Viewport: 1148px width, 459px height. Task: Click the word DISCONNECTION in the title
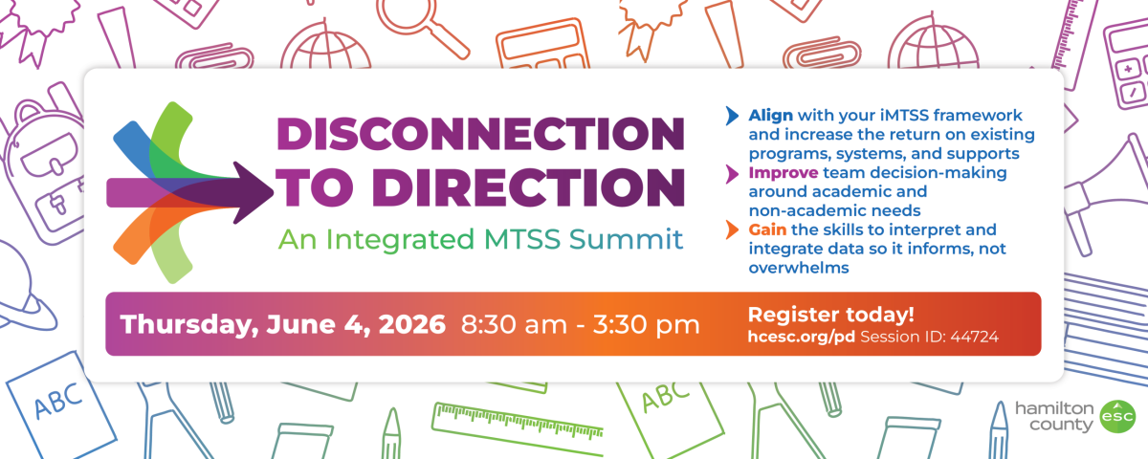click(x=480, y=133)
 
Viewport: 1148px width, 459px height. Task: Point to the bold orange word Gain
click(x=767, y=230)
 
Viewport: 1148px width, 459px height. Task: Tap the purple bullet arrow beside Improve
click(x=733, y=173)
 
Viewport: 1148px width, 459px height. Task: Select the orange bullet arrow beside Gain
click(x=733, y=230)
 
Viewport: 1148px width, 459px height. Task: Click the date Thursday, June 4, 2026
click(x=283, y=324)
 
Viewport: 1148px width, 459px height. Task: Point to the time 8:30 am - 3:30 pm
click(x=581, y=324)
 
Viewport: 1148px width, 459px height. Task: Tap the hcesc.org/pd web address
click(x=802, y=337)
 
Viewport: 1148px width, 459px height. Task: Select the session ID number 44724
click(x=974, y=337)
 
